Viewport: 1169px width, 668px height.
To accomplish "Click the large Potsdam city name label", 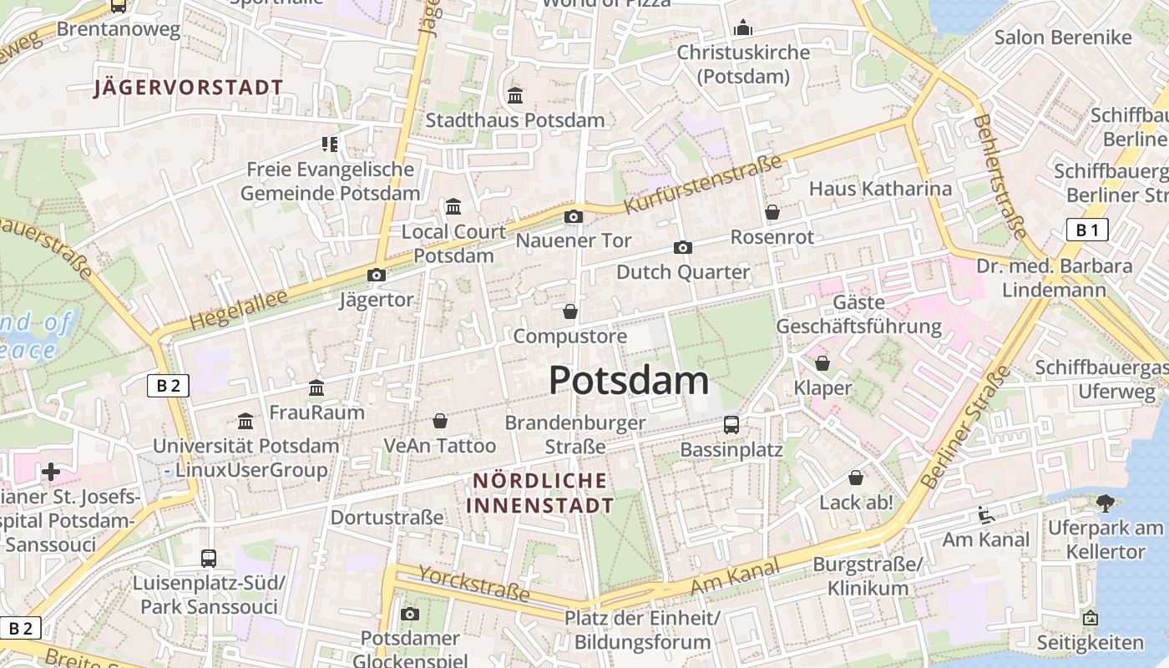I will (x=629, y=381).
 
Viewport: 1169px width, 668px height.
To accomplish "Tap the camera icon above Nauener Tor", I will (x=573, y=217).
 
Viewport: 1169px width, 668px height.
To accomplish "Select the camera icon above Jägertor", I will (x=377, y=275).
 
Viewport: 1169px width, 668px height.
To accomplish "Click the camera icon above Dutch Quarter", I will (x=683, y=247).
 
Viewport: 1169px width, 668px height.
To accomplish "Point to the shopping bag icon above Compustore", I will (x=570, y=311).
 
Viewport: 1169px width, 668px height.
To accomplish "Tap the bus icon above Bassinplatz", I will (x=731, y=424).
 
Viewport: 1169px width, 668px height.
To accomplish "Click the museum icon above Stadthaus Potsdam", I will (x=515, y=95).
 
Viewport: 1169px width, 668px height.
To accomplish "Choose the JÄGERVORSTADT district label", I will (x=189, y=88).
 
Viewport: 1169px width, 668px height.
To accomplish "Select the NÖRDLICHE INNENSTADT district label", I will (x=540, y=493).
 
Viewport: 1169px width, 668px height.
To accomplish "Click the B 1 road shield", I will (x=1087, y=230).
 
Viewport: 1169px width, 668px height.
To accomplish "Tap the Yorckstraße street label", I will (x=473, y=583).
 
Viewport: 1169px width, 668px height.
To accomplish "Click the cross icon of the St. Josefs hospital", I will (x=51, y=472).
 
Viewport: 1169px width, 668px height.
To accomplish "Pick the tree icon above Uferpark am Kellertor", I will (x=1106, y=503).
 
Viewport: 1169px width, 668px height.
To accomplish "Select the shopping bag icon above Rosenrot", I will (x=772, y=212).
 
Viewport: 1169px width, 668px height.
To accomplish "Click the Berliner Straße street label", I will (x=965, y=430).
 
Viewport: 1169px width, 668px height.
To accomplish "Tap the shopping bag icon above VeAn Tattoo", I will (x=440, y=421).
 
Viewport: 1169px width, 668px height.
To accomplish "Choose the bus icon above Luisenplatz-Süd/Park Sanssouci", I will (x=209, y=558).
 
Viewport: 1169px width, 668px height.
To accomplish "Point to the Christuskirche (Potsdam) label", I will (x=743, y=64).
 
